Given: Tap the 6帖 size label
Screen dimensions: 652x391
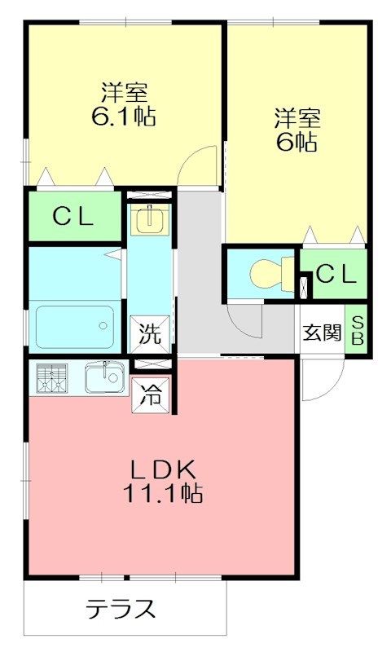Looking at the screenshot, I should (x=297, y=143).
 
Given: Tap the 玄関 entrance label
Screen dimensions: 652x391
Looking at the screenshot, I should (x=322, y=333).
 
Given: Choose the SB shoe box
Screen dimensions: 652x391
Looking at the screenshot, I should (x=357, y=328).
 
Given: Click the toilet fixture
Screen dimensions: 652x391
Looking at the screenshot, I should (x=266, y=275).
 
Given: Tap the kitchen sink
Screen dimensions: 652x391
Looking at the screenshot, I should (x=103, y=377).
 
